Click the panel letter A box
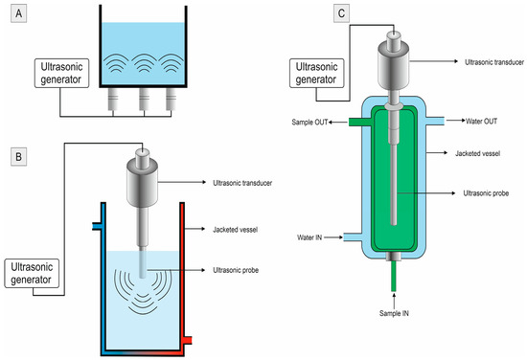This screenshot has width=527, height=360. tap(19, 13)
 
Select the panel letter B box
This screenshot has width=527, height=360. tap(19, 157)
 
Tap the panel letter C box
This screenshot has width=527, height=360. tap(341, 13)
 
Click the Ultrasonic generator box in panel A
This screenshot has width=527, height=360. tap(62, 73)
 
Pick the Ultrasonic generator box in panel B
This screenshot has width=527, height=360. tap(32, 274)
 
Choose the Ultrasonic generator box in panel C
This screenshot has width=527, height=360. tap(317, 73)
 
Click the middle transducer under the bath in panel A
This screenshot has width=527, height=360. tap(144, 99)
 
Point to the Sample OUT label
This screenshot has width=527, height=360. tap(309, 123)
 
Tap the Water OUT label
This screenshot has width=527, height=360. tap(481, 122)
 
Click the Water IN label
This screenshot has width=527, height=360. tap(309, 237)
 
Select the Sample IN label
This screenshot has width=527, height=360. tap(394, 313)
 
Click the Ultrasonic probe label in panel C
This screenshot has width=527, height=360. tap(486, 193)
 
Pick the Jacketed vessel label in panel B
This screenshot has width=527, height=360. tap(236, 230)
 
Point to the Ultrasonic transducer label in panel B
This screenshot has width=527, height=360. tap(242, 183)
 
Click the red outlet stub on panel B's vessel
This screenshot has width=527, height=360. tap(188, 340)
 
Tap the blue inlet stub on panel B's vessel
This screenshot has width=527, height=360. tap(96, 226)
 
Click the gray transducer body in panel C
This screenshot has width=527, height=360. tap(394, 65)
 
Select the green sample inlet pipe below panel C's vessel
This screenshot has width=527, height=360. tap(394, 276)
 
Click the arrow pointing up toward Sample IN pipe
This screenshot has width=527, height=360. tap(394, 301)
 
